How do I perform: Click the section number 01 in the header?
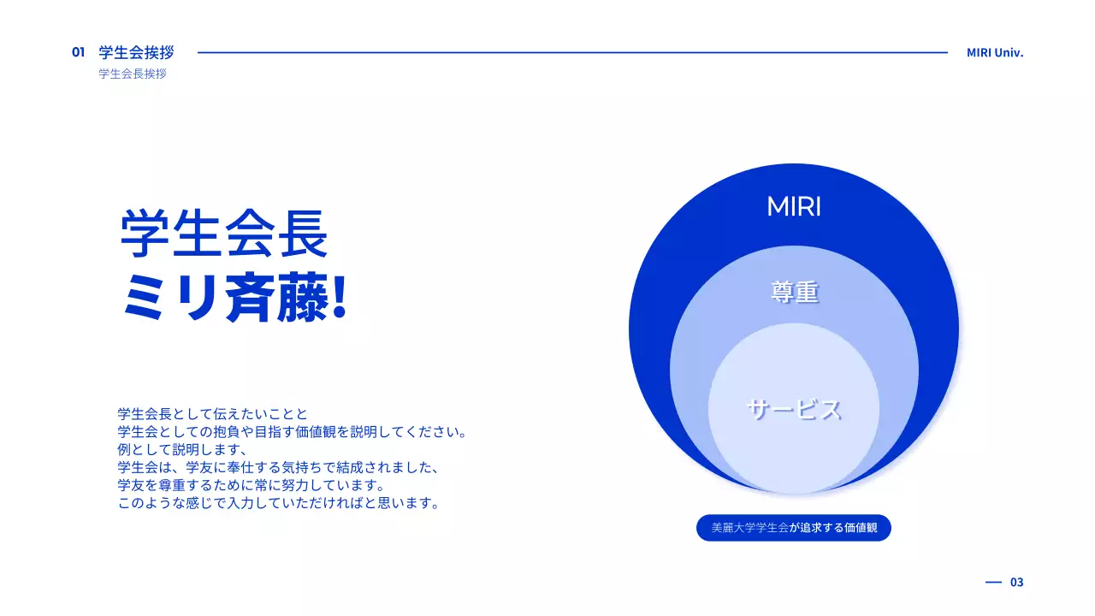(78, 52)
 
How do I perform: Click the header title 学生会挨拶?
(136, 52)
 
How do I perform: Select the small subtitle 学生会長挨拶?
(133, 74)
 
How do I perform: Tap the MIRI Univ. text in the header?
(995, 52)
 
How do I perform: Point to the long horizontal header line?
(572, 52)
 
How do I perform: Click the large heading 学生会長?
(224, 234)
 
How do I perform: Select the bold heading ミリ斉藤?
(234, 299)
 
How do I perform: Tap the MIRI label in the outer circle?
(794, 207)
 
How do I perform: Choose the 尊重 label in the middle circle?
(794, 293)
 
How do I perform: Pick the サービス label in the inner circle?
(794, 410)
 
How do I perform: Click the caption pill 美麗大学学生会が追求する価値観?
(794, 528)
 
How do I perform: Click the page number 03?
(1016, 582)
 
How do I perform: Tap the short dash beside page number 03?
(993, 582)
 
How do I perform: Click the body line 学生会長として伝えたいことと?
(212, 413)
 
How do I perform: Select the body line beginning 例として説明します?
(182, 449)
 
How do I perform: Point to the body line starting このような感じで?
(279, 503)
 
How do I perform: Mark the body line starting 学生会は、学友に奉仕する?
(278, 467)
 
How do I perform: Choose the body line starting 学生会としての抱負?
(293, 431)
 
